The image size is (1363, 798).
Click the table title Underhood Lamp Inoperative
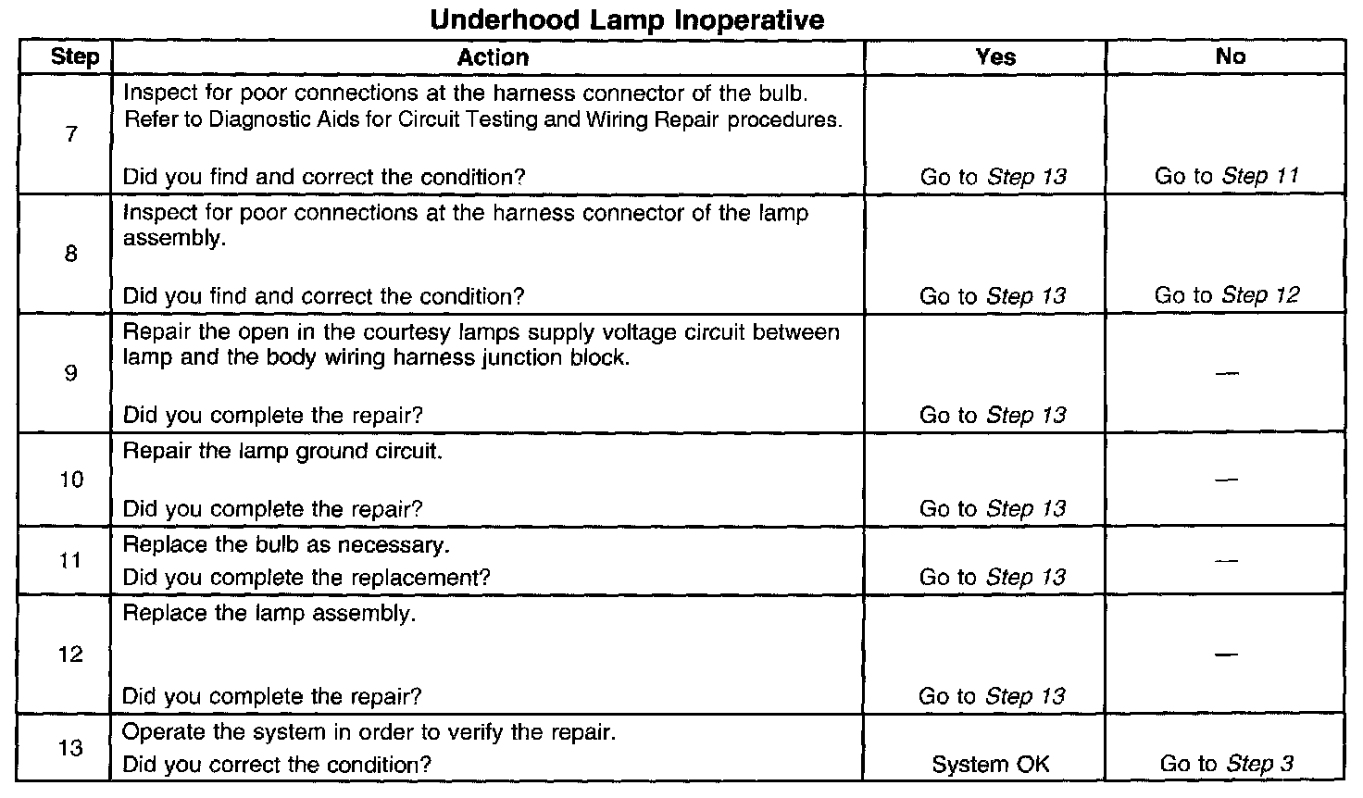627,19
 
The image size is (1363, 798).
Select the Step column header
75,57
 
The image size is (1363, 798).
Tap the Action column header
493,57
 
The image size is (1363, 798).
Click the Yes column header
995,57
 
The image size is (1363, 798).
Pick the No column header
1230,57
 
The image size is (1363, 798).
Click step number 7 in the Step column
71,135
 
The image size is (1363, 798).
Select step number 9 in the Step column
71,374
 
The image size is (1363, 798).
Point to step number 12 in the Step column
71,655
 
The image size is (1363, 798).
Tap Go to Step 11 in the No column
1227,176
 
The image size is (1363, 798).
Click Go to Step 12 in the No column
1227,295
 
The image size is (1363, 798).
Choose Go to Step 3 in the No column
1227,764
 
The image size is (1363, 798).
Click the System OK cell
991,765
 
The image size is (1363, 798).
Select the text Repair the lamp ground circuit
283,452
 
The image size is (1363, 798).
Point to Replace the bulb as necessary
286,544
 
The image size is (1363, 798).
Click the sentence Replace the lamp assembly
269,614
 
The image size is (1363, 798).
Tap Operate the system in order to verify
369,732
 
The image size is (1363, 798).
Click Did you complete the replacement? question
306,578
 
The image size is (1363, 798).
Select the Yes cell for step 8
993,296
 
